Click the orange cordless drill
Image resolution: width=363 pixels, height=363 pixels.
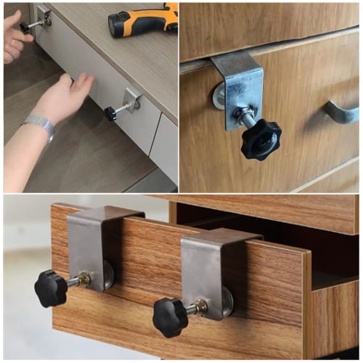[145, 20]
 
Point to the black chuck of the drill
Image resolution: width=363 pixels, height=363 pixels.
[116, 25]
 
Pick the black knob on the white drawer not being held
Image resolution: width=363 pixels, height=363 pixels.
[110, 113]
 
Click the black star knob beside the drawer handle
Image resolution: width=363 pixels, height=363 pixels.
[261, 139]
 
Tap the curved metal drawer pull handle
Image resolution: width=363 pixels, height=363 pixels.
[340, 113]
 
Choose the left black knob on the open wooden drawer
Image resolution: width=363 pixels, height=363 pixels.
[51, 288]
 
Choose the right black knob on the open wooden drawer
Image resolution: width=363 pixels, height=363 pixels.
[171, 317]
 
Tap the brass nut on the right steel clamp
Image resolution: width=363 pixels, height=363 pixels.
[201, 306]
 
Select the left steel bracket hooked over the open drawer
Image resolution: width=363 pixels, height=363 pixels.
[87, 240]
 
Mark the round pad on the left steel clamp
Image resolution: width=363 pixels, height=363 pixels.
[107, 274]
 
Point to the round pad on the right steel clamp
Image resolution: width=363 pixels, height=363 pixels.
[226, 301]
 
